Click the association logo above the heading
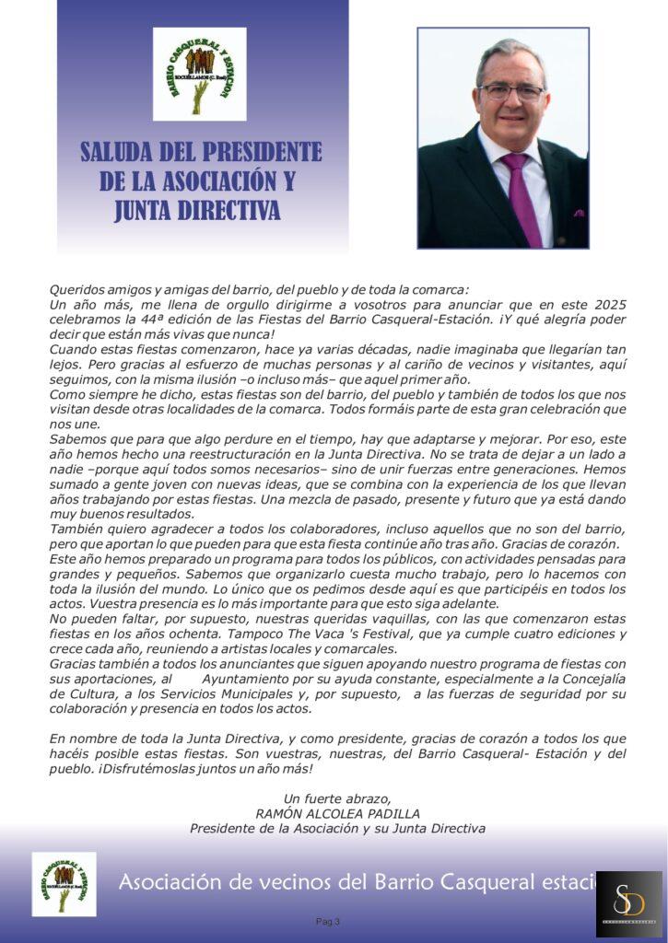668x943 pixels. (x=199, y=74)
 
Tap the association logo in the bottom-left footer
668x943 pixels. (x=64, y=884)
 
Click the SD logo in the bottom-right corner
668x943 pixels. (x=629, y=902)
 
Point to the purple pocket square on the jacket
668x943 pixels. (x=578, y=213)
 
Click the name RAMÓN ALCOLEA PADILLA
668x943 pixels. (x=337, y=813)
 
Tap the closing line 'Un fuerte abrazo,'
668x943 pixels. (x=337, y=798)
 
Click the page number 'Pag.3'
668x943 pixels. (x=328, y=921)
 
